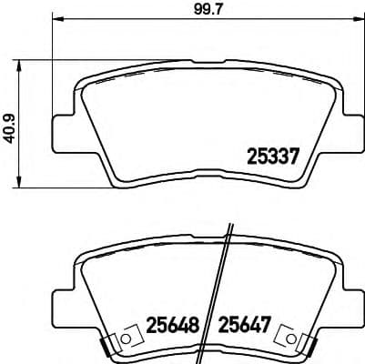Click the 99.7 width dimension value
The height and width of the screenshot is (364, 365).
[189, 12]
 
